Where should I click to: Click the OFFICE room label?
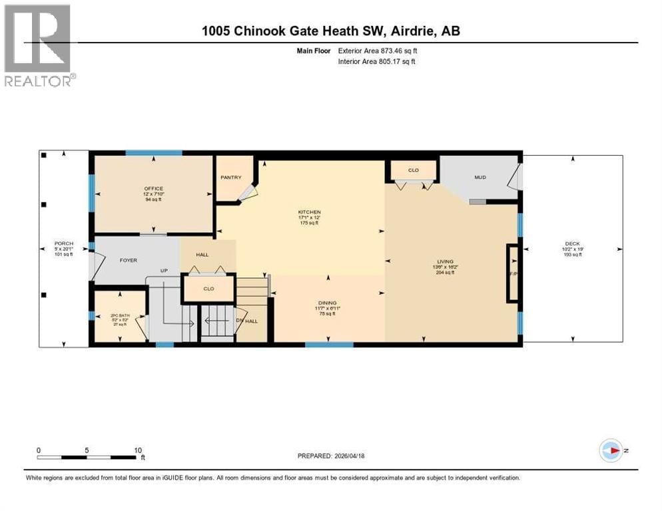pos(153,189)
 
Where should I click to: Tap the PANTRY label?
pos(230,178)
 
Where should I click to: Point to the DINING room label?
pos(326,303)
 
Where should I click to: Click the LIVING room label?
pos(444,261)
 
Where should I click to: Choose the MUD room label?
pos(480,178)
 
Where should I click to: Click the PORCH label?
pos(64,244)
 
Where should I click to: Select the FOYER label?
pos(128,260)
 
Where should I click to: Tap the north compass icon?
pos(610,450)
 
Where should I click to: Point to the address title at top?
pos(331,31)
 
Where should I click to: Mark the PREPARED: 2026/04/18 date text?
pos(331,456)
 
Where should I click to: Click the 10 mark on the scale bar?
pos(138,450)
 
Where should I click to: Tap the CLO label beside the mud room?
pos(413,170)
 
